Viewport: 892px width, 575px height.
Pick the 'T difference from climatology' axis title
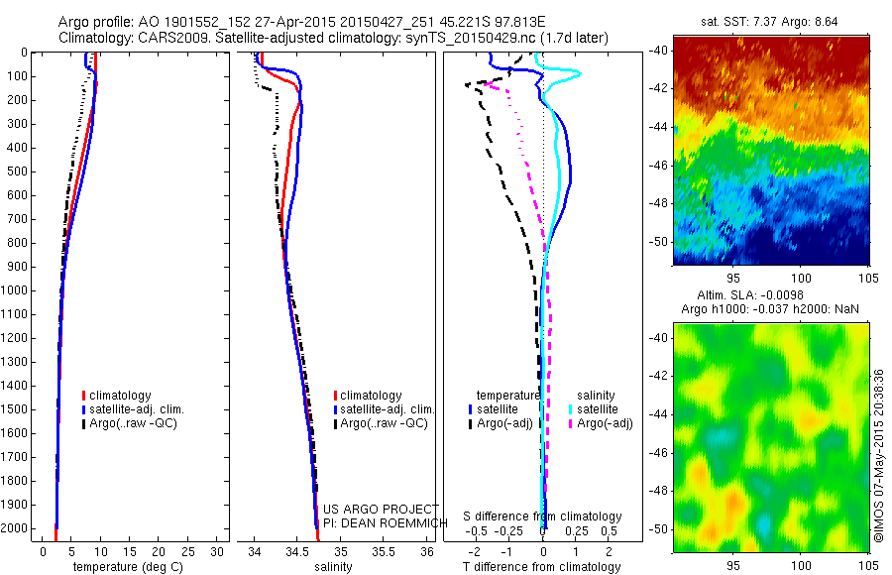(x=541, y=567)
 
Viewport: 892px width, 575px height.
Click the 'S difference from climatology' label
(x=542, y=517)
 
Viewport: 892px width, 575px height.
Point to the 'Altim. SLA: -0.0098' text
(x=769, y=296)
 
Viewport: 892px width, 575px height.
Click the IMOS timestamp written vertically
(x=879, y=456)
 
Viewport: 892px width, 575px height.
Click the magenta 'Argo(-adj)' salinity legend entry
(x=605, y=423)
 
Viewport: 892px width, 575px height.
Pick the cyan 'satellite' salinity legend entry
(x=598, y=408)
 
